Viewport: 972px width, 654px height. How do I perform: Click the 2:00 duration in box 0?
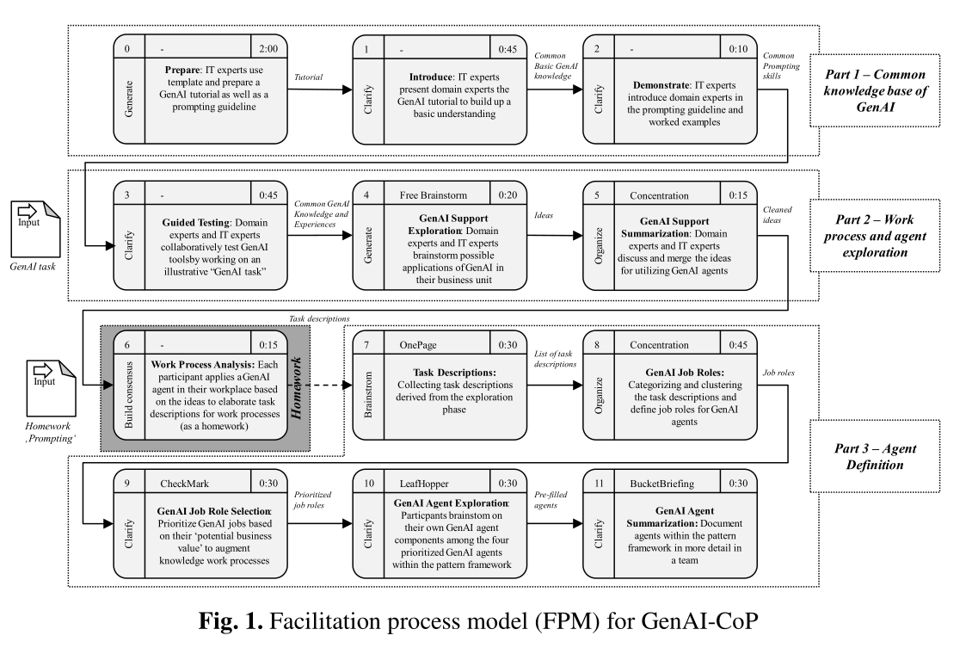click(x=268, y=50)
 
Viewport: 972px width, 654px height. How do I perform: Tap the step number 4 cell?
click(x=368, y=195)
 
